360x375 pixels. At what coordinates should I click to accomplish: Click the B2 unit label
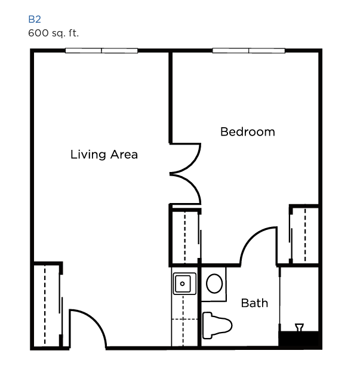point(35,19)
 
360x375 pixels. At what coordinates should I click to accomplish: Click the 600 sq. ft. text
point(53,33)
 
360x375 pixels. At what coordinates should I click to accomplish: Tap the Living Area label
point(104,155)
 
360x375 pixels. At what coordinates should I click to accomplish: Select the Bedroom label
point(248,132)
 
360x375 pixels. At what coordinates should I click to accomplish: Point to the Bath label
point(254,303)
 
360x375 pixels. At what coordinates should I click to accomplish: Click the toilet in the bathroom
point(217,325)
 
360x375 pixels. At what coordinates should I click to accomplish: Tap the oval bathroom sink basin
point(214,284)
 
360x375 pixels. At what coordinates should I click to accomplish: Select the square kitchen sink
point(184,284)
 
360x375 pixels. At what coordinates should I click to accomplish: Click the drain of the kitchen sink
point(183,284)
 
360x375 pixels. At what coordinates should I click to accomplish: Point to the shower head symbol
point(299,327)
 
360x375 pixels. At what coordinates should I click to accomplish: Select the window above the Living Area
point(101,51)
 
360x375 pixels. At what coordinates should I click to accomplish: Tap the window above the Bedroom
point(248,51)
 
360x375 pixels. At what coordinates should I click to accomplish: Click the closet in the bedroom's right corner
point(304,235)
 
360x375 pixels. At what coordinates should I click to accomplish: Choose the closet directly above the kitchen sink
point(185,236)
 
